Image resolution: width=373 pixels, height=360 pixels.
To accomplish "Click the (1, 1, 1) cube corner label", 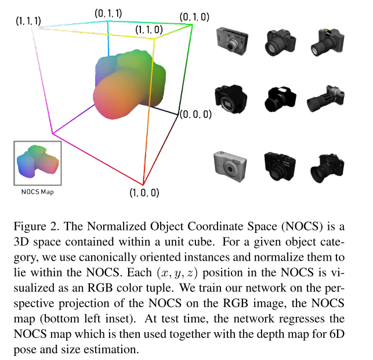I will point(28,21).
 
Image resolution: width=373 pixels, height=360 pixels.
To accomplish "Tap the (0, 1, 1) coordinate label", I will point(108,12).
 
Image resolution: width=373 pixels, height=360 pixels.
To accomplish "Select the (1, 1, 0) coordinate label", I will point(149,28).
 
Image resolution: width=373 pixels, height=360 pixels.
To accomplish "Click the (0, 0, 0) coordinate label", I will point(195,114).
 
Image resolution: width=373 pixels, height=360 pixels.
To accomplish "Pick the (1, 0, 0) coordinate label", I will point(144,192).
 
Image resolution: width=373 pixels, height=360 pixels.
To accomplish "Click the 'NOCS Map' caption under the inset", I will point(37,192).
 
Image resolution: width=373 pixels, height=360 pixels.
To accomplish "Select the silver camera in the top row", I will point(231,42).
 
